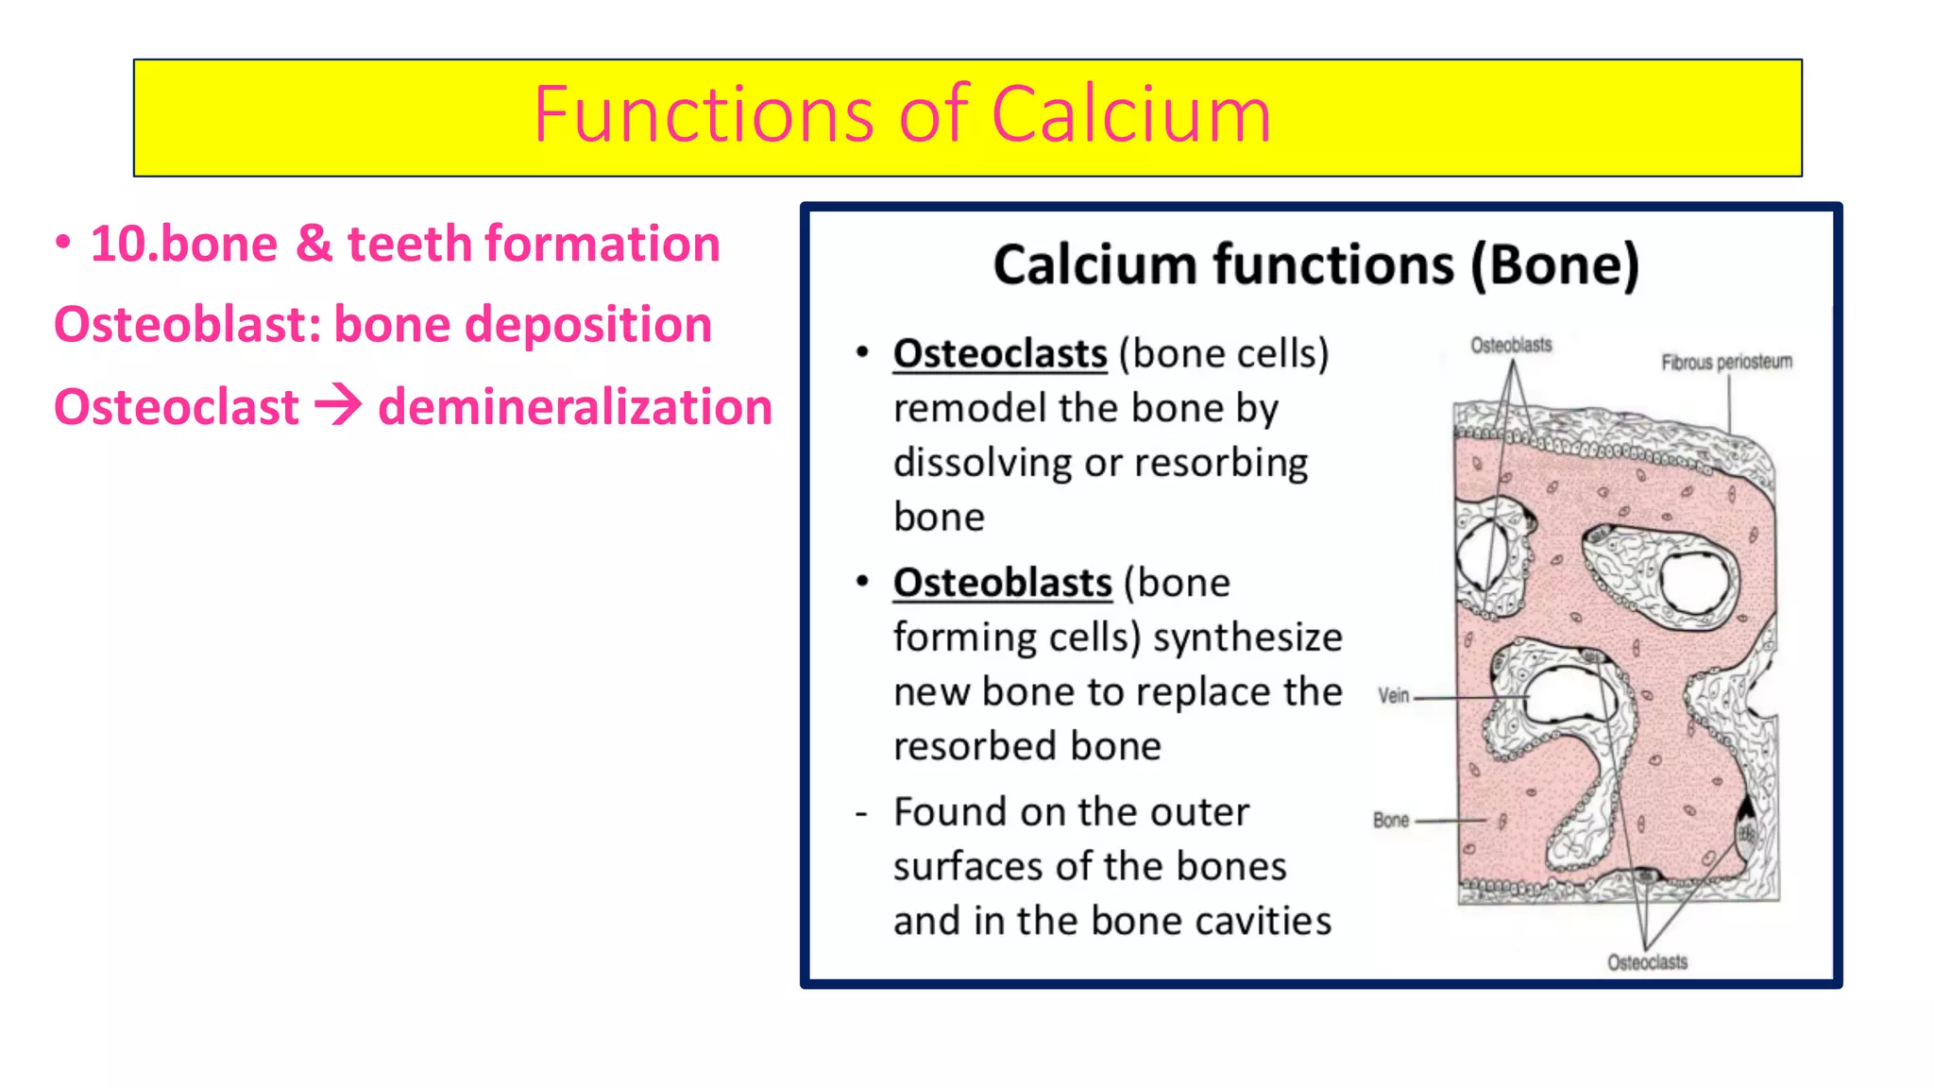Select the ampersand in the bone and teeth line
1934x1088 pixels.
coord(314,244)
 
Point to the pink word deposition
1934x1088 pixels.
coord(588,325)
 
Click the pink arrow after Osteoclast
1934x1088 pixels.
coord(338,406)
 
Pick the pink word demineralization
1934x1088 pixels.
coord(575,407)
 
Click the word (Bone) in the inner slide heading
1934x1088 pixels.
coord(1555,264)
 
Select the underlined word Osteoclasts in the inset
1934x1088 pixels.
coord(1000,354)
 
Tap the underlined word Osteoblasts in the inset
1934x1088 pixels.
coord(1003,583)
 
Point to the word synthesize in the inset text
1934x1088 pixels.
coord(1247,637)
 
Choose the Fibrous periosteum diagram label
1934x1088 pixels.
coord(1726,362)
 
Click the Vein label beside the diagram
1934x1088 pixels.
coord(1393,696)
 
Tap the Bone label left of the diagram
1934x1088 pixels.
coord(1391,820)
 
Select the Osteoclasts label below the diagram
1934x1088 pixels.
coord(1647,962)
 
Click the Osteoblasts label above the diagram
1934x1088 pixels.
coord(1511,346)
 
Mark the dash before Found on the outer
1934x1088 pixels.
coord(861,813)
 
